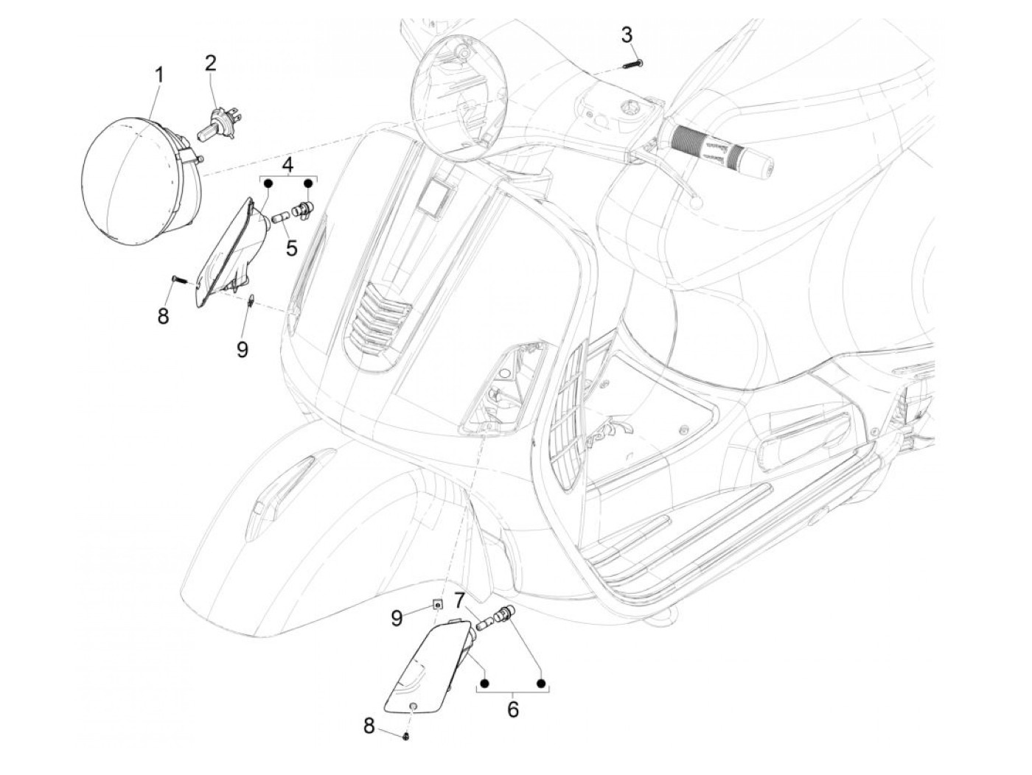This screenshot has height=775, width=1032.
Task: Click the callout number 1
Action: (x=159, y=75)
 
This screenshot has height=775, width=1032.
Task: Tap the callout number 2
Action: (x=211, y=63)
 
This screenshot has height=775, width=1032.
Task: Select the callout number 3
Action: (x=627, y=34)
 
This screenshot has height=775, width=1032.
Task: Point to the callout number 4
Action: (x=288, y=164)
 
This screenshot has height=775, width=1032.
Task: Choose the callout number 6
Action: (x=513, y=709)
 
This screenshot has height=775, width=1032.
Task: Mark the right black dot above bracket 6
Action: (x=541, y=684)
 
